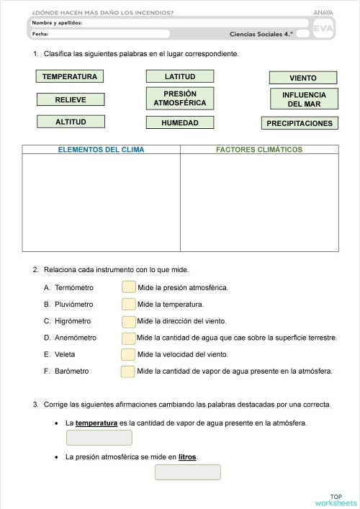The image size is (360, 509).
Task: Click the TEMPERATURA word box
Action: [70, 76]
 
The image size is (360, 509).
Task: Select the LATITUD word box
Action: [179, 76]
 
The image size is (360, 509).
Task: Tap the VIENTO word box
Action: [302, 78]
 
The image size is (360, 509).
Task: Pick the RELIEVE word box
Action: [71, 100]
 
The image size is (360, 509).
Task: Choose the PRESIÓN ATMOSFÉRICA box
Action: [179, 98]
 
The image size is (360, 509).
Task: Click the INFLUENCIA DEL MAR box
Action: [302, 99]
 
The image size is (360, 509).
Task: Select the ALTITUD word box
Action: [71, 122]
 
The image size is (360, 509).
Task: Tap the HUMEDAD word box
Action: [179, 123]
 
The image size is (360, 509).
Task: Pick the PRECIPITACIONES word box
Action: [300, 123]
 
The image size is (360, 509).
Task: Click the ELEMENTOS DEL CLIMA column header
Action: [101, 150]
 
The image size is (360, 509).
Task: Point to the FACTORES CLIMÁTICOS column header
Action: [259, 150]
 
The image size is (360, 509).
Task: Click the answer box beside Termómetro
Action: [128, 287]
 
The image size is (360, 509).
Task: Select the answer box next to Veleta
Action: [128, 354]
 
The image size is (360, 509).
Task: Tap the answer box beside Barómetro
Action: [127, 371]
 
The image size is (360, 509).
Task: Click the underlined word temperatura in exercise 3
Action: [96, 423]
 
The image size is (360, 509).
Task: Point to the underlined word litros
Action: [187, 456]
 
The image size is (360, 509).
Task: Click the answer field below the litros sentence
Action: [187, 472]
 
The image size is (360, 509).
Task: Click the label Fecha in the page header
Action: [40, 33]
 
